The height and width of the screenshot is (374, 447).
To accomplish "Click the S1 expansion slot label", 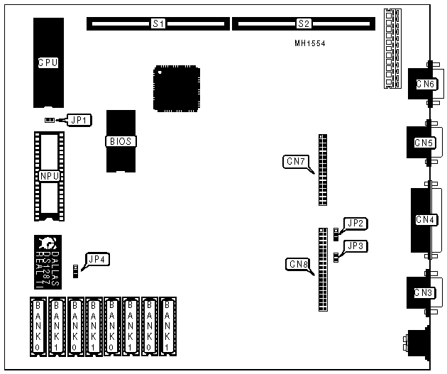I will [x=158, y=24].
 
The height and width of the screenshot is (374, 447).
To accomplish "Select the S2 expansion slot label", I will [x=304, y=24].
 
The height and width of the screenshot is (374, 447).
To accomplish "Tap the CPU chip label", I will [x=48, y=62].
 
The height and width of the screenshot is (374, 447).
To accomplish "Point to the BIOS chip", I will [x=120, y=141].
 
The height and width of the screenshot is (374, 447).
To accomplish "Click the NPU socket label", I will [x=48, y=175].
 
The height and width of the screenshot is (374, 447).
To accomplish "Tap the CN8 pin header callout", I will [x=298, y=265].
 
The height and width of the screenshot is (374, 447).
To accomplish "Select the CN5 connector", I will [x=424, y=143].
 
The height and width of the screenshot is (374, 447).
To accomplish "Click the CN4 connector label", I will [x=425, y=219].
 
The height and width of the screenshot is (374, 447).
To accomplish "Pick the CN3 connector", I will [x=424, y=292].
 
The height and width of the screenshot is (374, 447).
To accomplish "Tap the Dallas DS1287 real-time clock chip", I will [x=48, y=260].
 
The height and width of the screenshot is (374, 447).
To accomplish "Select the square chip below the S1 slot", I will [x=175, y=88].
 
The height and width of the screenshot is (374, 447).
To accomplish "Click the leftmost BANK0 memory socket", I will [x=38, y=326].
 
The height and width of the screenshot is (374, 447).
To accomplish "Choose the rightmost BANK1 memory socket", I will [x=168, y=326].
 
